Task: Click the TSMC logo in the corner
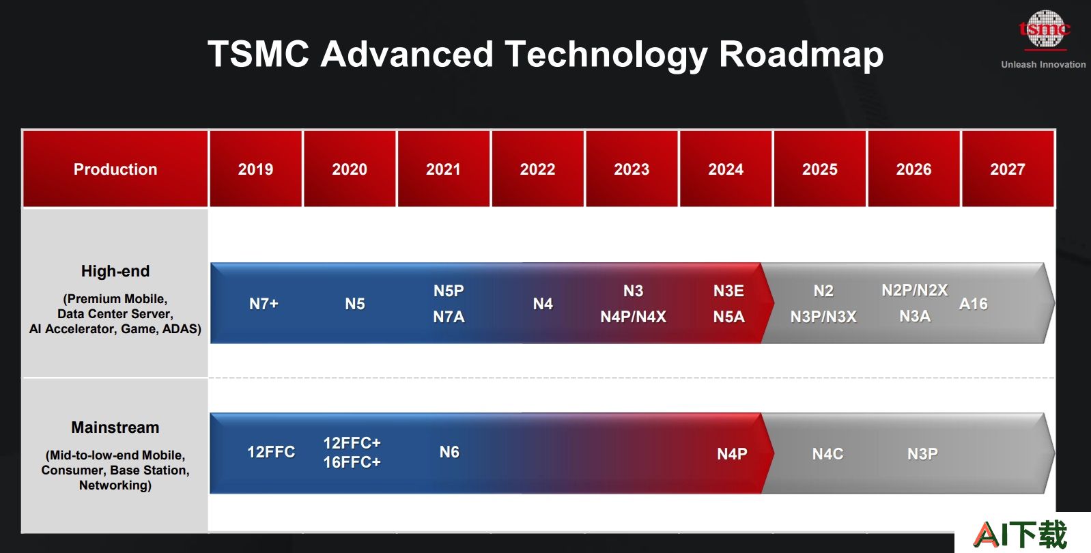(x=1045, y=30)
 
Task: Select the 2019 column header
(x=256, y=169)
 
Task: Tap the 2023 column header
(x=632, y=169)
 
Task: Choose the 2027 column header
(x=1008, y=169)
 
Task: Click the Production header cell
(x=115, y=169)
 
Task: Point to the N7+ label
(x=264, y=304)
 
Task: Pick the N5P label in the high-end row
(x=449, y=291)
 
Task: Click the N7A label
(x=449, y=317)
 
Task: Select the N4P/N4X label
(x=633, y=317)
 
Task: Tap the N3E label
(x=728, y=291)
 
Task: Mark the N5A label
(x=728, y=317)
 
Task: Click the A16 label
(x=973, y=304)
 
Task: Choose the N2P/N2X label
(x=915, y=290)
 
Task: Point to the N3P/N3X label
(x=823, y=317)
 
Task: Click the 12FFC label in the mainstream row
(x=271, y=452)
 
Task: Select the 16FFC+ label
(x=352, y=462)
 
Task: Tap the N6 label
(x=449, y=452)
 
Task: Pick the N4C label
(x=827, y=453)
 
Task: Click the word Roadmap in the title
(x=802, y=54)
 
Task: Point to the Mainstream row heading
(x=115, y=427)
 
